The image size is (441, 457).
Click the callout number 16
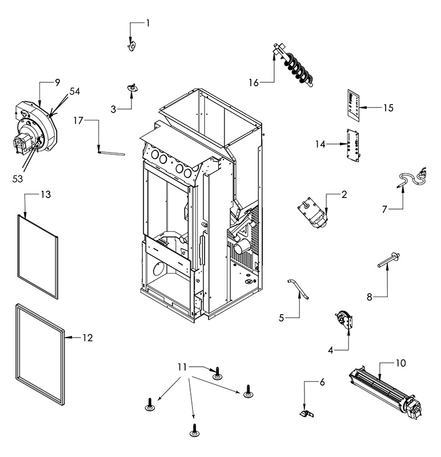coord(253,83)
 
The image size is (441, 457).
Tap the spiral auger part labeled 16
coord(294,66)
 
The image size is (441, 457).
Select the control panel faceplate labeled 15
coord(353,106)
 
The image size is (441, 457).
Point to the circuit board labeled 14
coord(352,145)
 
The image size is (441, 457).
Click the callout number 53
coord(18,179)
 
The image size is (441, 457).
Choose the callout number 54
coord(74,91)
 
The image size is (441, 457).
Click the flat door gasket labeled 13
coord(38,256)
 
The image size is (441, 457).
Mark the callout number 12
coord(87,338)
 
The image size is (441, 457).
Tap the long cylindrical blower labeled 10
coord(386,391)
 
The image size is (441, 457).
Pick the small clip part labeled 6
coord(307,413)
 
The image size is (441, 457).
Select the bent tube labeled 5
coord(298,289)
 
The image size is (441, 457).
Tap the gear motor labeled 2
coord(312,213)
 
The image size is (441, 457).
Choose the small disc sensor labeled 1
coord(133,46)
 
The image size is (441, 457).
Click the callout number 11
coord(182,367)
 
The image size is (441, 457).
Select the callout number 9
coord(57,82)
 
